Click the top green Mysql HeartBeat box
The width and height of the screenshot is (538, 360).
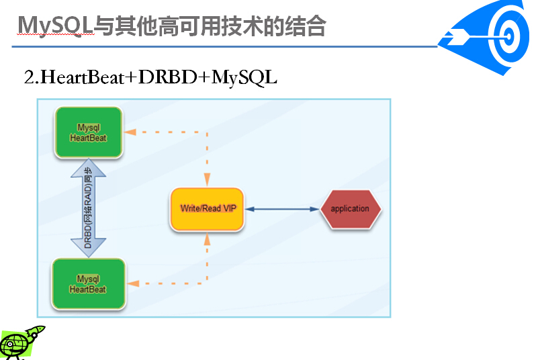[88, 132]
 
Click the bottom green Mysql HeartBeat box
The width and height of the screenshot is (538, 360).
[88, 284]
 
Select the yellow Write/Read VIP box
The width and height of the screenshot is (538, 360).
[207, 209]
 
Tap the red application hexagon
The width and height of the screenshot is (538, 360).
[351, 209]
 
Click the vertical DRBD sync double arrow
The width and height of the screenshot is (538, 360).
[88, 208]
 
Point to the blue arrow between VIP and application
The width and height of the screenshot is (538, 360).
[282, 209]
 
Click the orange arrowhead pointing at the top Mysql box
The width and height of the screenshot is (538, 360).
[130, 132]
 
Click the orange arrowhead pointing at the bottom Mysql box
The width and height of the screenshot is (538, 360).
[133, 283]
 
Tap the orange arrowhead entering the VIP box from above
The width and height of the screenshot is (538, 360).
[207, 180]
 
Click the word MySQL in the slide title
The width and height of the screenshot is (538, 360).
[54, 27]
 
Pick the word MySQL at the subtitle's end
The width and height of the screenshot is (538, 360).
[244, 77]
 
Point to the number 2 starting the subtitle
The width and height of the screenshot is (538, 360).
[29, 77]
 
